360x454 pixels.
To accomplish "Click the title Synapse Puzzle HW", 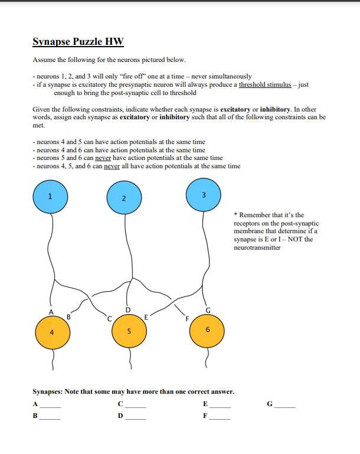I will tap(78, 42).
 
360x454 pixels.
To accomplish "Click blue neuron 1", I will tap(51, 196).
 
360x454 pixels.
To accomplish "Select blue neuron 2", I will tap(124, 198).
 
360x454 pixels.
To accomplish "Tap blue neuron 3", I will tap(203, 195).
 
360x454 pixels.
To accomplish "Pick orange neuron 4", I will tap(52, 332).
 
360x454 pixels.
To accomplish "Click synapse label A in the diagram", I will tap(51, 312).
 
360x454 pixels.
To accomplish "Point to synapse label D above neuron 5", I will tap(127, 310).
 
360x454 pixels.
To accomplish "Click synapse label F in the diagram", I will tap(187, 319).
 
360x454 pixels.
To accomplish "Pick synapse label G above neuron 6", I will tap(207, 310).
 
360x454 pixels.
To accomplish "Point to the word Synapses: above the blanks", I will tap(47, 391).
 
